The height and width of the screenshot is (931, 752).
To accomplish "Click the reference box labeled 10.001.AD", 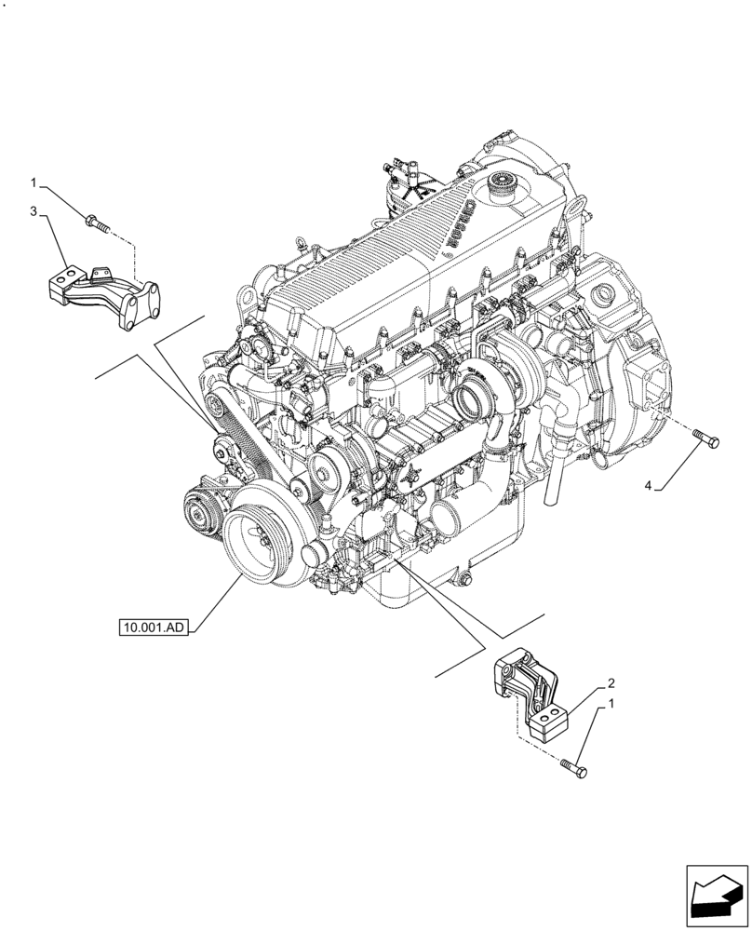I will pos(154,628).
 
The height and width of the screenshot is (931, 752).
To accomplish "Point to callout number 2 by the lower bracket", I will pos(609,682).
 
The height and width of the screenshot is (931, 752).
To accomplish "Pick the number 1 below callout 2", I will pos(611,704).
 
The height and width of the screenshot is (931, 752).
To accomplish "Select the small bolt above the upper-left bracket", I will pos(97,223).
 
